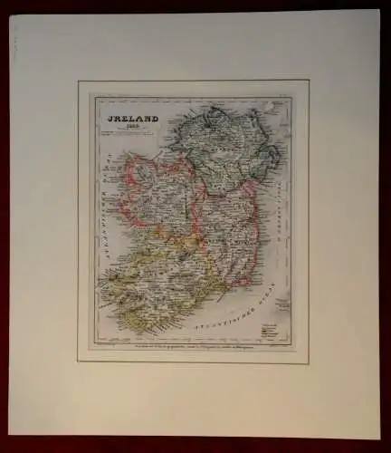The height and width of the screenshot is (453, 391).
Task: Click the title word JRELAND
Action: tap(133, 117)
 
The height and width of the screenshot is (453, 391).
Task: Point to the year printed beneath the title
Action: tap(133, 126)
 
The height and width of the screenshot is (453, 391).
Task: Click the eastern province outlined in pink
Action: tap(228, 231)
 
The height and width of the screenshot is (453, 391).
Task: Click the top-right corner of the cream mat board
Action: tap(379, 11)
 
